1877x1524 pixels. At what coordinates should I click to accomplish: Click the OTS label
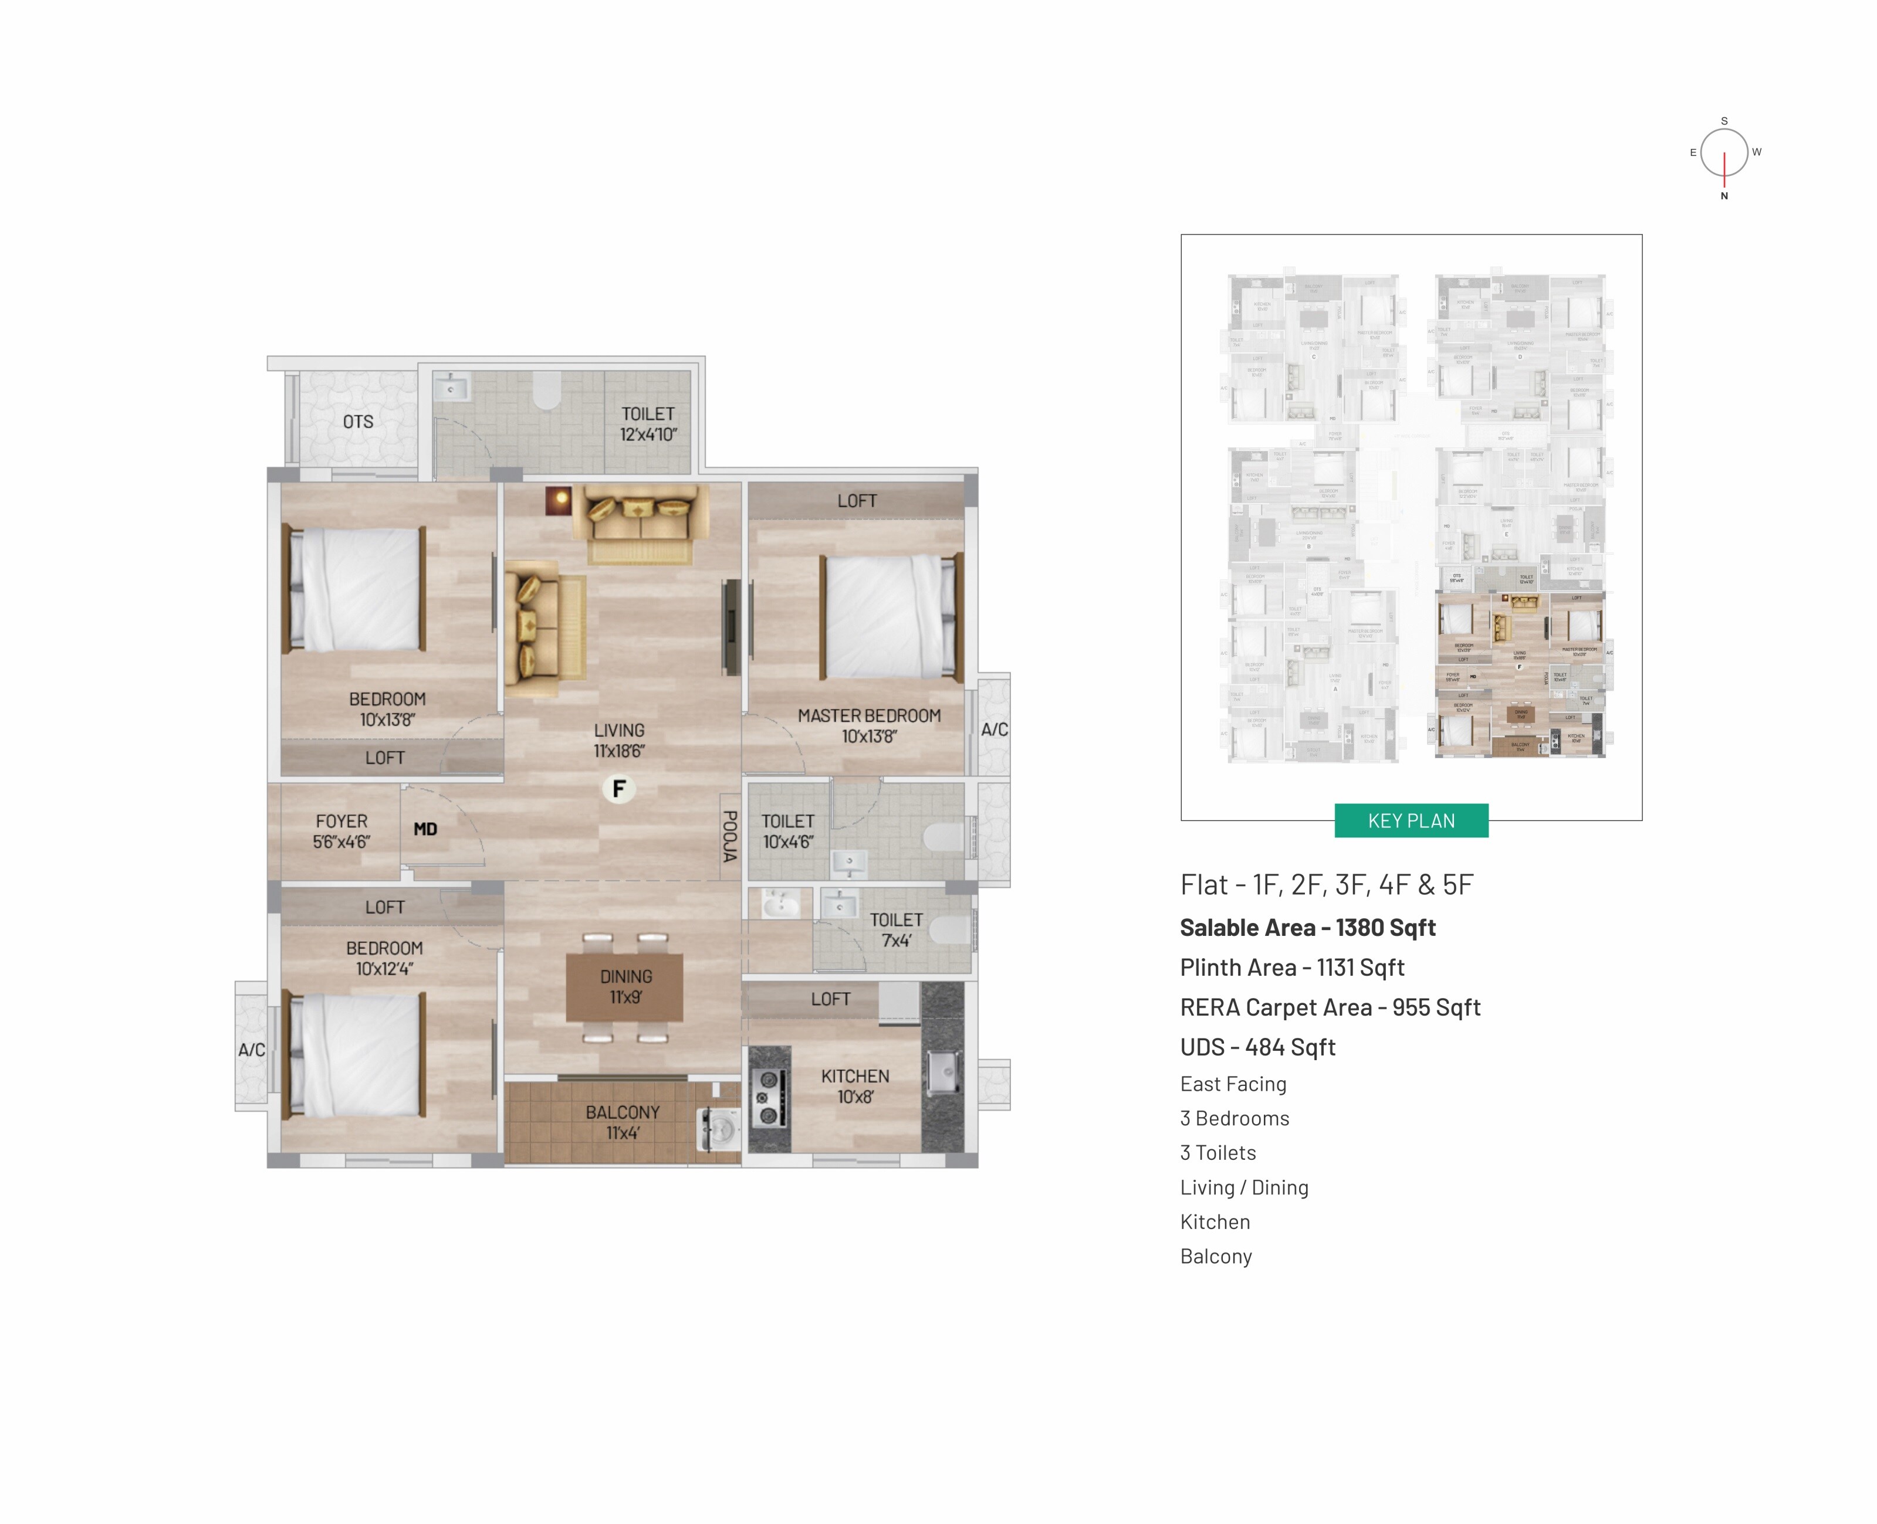point(357,422)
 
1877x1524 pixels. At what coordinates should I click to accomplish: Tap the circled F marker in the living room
point(618,788)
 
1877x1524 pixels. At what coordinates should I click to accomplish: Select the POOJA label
point(729,836)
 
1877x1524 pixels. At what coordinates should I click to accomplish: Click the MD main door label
point(425,829)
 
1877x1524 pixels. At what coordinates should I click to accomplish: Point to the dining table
point(624,987)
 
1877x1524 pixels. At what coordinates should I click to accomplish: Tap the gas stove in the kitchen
point(767,1097)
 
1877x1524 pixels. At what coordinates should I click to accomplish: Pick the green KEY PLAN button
point(1411,821)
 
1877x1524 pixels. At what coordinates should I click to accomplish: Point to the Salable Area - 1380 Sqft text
point(1307,927)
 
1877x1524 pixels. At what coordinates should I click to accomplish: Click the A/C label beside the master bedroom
point(995,729)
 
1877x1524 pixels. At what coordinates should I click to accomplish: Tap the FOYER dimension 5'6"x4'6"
point(341,842)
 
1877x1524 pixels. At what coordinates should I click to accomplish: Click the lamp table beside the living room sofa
point(559,500)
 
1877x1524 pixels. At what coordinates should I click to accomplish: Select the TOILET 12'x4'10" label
point(648,423)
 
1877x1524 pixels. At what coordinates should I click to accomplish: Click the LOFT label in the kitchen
point(830,999)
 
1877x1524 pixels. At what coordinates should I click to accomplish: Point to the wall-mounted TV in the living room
point(730,627)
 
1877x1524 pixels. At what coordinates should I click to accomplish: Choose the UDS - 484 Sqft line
point(1257,1047)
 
